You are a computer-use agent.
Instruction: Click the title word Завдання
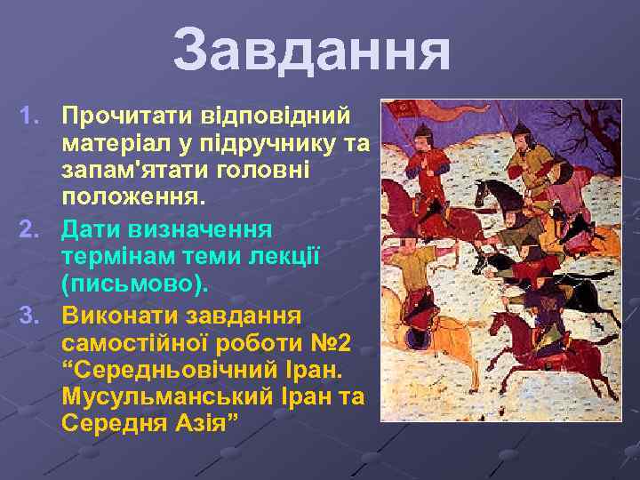point(311,52)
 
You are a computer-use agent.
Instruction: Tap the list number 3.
point(31,316)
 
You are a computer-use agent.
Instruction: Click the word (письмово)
point(135,284)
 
